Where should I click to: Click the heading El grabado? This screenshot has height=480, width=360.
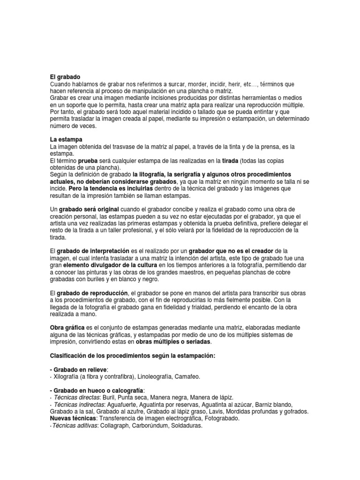tap(65, 76)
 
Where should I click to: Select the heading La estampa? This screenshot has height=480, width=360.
tap(66, 139)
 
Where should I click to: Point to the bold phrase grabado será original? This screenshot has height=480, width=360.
tap(89, 209)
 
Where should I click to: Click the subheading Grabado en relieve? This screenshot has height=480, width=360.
tap(80, 370)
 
